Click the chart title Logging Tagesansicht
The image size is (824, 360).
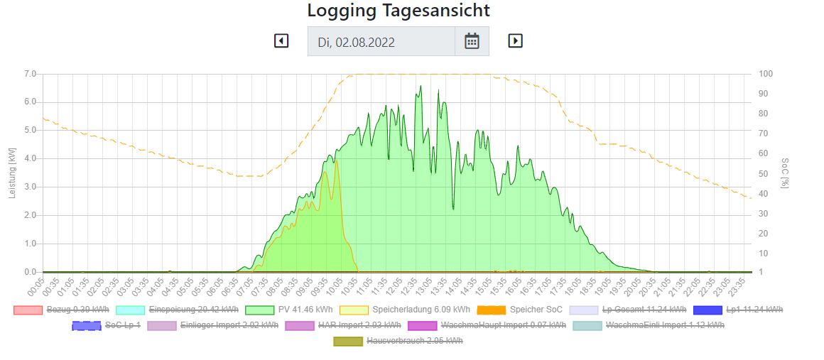[x=399, y=11]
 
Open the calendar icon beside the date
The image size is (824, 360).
[x=472, y=41]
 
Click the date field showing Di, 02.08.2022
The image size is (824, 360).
[x=381, y=42]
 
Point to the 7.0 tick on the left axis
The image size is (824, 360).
[x=30, y=74]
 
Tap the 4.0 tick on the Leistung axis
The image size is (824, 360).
[x=30, y=159]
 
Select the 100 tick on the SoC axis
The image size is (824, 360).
[x=766, y=74]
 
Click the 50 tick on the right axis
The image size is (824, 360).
[x=764, y=173]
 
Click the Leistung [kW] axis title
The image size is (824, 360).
[x=12, y=173]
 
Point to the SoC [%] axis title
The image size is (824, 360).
[x=784, y=173]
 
